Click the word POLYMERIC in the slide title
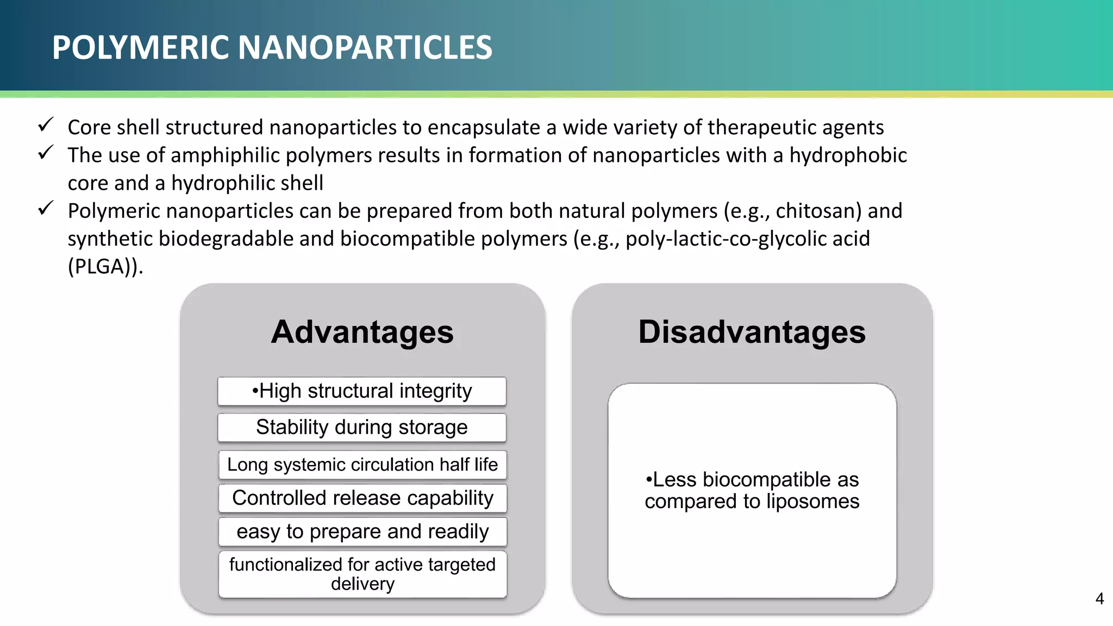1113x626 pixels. click(141, 47)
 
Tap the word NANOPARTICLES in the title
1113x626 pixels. click(365, 47)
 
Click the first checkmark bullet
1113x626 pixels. click(46, 125)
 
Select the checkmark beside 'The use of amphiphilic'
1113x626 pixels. click(46, 153)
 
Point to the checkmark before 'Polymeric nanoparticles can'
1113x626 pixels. click(46, 208)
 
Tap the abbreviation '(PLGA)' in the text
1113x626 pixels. click(103, 267)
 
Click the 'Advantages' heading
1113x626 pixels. click(362, 331)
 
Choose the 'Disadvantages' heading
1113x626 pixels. click(752, 331)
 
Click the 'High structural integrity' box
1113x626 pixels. click(362, 391)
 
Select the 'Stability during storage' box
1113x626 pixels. click(362, 428)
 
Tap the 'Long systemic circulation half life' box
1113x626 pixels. click(362, 465)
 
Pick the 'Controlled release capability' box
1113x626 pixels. click(362, 498)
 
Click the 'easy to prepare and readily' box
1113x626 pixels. click(362, 531)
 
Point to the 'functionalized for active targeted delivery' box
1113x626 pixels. click(362, 574)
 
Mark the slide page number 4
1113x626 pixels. click(1099, 599)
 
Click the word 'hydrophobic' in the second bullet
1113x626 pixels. click(848, 155)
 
